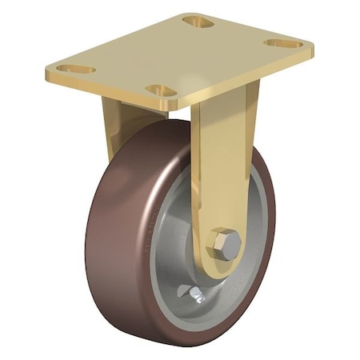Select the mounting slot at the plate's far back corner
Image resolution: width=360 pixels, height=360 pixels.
tap(197, 22)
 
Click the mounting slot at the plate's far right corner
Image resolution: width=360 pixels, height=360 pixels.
tap(284, 43)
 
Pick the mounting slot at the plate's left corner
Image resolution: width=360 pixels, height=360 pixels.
tap(76, 70)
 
